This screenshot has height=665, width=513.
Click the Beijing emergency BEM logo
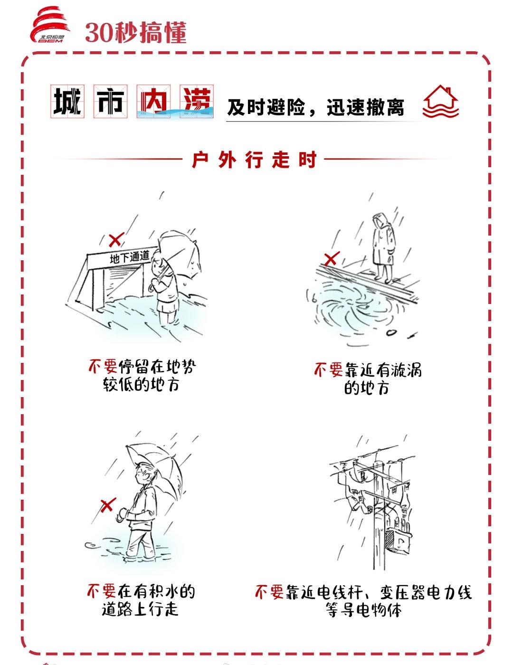tap(50, 25)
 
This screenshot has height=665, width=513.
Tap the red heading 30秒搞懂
tap(136, 32)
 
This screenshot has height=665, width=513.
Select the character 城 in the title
tap(67, 101)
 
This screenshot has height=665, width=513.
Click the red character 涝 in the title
tap(197, 101)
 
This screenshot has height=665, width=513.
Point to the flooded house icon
tap(440, 102)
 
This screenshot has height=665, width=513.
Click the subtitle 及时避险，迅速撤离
tap(315, 107)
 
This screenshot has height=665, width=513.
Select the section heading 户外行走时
tap(254, 160)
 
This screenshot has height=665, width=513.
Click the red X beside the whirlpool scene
tap(332, 258)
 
